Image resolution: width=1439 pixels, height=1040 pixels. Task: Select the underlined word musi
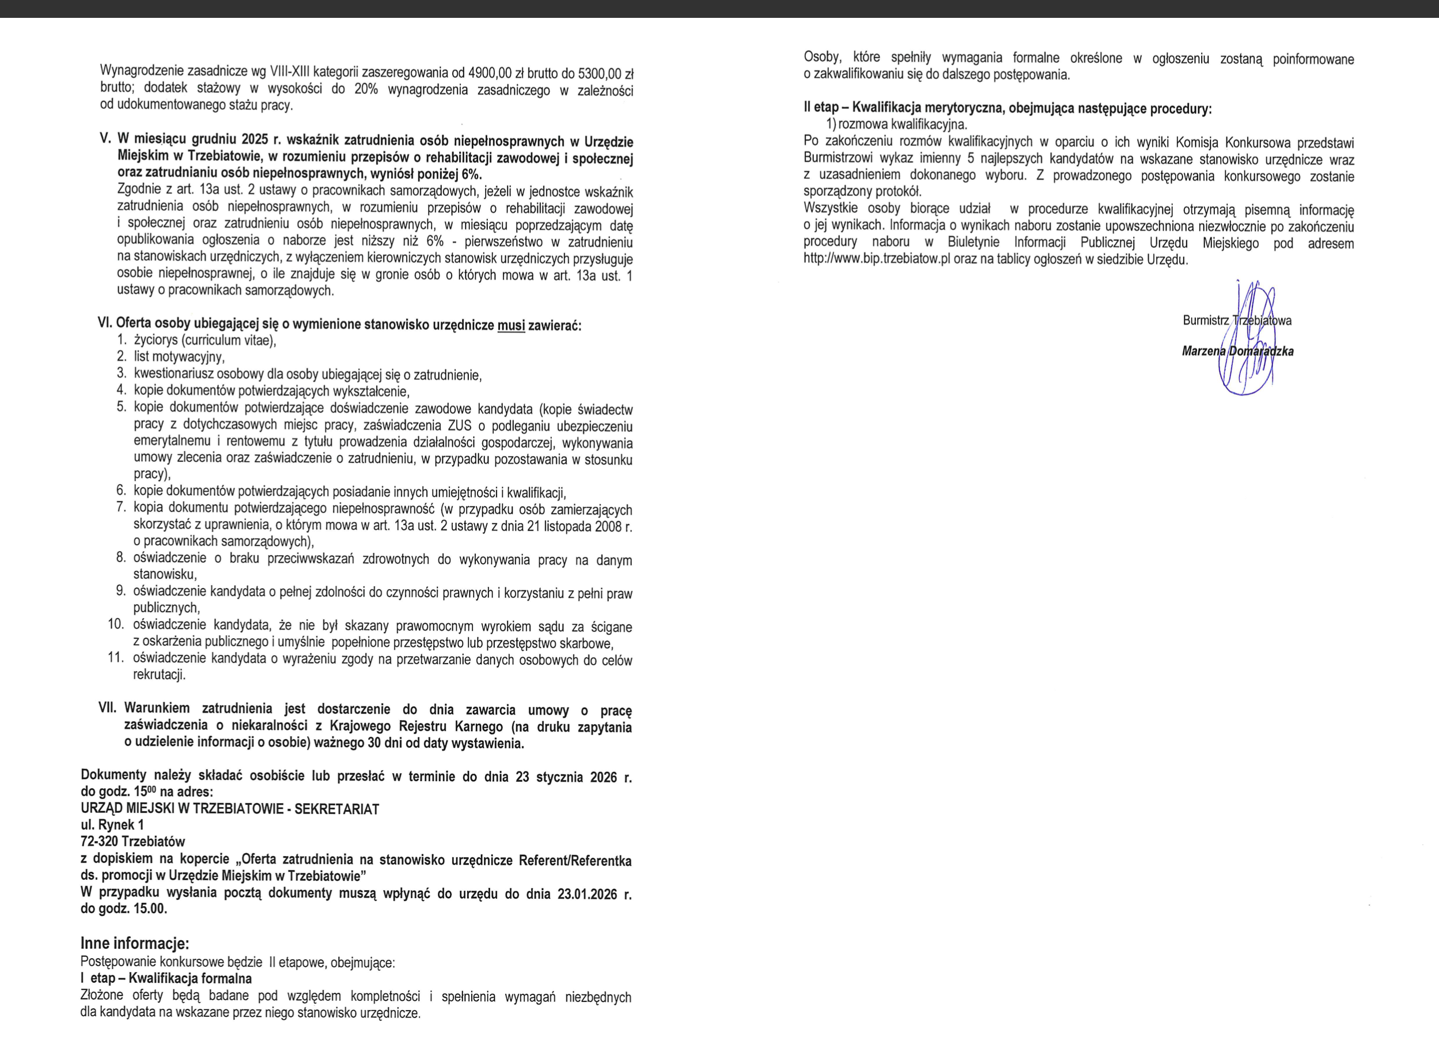coord(511,325)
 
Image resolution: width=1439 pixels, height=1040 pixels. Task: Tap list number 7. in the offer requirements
coord(121,507)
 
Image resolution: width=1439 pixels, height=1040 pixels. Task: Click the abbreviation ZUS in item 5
coord(459,425)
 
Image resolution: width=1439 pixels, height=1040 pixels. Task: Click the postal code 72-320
coord(99,842)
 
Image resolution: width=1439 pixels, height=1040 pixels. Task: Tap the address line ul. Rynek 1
coord(112,825)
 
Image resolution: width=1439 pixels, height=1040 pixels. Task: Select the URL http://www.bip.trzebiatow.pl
coord(876,259)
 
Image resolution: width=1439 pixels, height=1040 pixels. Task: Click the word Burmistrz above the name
coord(1206,321)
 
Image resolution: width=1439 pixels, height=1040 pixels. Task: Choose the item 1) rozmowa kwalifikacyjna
coord(896,124)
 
